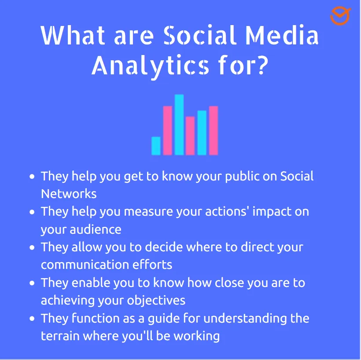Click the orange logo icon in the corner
(340, 16)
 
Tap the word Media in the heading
(280, 36)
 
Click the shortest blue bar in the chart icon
(156, 146)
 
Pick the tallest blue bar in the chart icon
(179, 125)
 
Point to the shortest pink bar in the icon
(190, 136)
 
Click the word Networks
(69, 194)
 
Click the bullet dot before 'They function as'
(32, 319)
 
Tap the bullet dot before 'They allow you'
(32, 247)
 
